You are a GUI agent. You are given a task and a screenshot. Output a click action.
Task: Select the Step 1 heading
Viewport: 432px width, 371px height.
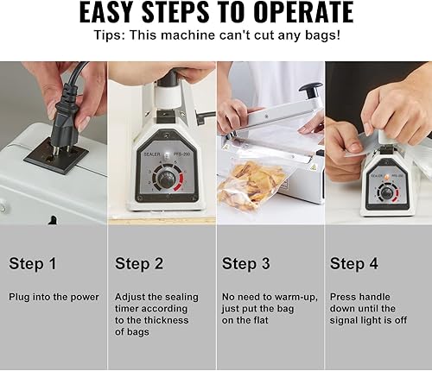tap(33, 263)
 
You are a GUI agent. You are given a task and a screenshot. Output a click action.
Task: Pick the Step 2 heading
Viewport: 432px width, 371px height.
tap(139, 263)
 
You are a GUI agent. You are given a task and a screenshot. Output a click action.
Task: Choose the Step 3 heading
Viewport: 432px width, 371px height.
tap(246, 263)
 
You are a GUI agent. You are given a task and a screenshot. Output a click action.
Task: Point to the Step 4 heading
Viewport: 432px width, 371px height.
tap(353, 263)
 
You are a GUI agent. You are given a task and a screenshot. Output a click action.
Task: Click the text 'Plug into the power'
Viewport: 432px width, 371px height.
tap(54, 297)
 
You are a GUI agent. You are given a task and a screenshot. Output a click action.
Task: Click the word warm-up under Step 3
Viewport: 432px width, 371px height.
tap(298, 297)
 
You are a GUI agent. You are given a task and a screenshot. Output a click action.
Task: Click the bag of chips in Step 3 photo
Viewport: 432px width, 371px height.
tap(251, 184)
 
